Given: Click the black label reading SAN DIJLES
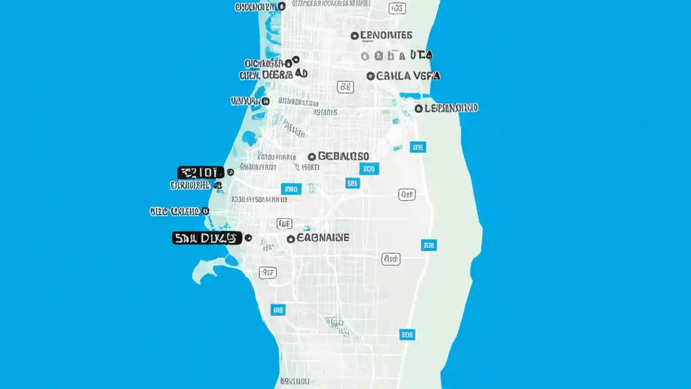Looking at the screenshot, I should pos(207,238).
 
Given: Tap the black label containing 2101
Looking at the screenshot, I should pos(200,172).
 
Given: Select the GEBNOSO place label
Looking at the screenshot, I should pos(344,156).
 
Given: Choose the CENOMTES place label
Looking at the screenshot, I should pos(386,36).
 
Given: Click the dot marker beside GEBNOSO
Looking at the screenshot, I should pos(311,157).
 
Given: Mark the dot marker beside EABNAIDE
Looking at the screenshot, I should pos(291,238).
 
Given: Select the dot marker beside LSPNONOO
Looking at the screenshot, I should pos(418,109).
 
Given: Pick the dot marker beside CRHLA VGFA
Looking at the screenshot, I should pos(370,76).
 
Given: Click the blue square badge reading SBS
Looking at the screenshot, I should pos(353,183).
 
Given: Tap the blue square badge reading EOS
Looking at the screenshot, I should pos(407,334).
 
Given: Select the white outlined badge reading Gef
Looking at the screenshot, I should pos(407,194).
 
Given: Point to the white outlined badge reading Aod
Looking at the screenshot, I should pos(391,259).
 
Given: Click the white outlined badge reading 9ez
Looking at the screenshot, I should pos(268,273).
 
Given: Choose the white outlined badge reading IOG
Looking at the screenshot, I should pos(397,8).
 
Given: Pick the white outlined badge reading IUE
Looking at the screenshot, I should pos(284,223).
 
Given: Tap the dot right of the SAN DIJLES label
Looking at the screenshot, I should pos(248,238).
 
